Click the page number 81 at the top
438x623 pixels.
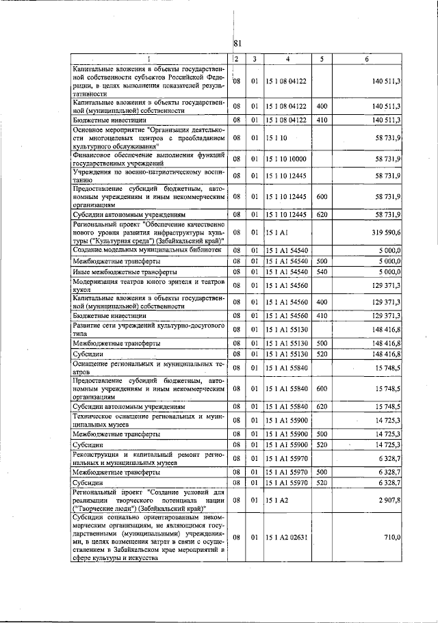[x=237, y=44]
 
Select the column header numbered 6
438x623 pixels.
[x=367, y=59]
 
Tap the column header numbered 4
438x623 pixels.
[x=287, y=59]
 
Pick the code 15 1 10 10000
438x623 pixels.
[x=287, y=159]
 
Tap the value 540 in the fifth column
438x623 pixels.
[x=322, y=272]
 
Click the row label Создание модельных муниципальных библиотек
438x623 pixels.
[x=147, y=250]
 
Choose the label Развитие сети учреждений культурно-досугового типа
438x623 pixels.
[x=149, y=328]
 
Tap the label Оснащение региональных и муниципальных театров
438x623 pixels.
[x=149, y=367]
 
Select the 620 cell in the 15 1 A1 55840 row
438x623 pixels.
[x=322, y=406]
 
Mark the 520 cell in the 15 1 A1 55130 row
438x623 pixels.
[x=322, y=354]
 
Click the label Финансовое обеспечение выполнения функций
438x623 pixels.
[x=149, y=159]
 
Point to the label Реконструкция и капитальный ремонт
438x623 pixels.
[x=149, y=458]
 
